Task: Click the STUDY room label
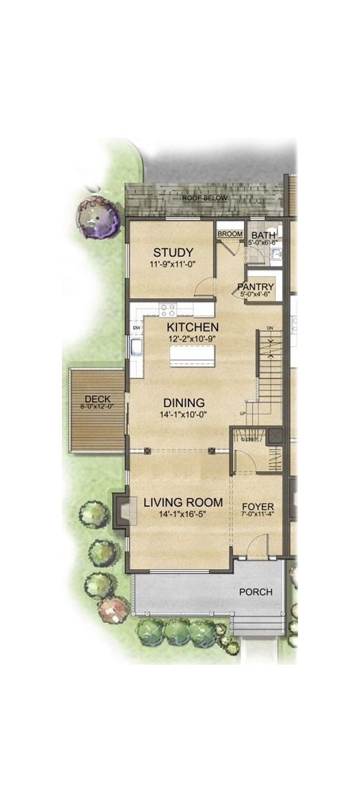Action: [173, 252]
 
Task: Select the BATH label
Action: [258, 234]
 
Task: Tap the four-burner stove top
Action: [168, 310]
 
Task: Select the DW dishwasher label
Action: [135, 329]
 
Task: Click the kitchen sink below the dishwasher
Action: [135, 350]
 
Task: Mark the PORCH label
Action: [256, 592]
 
